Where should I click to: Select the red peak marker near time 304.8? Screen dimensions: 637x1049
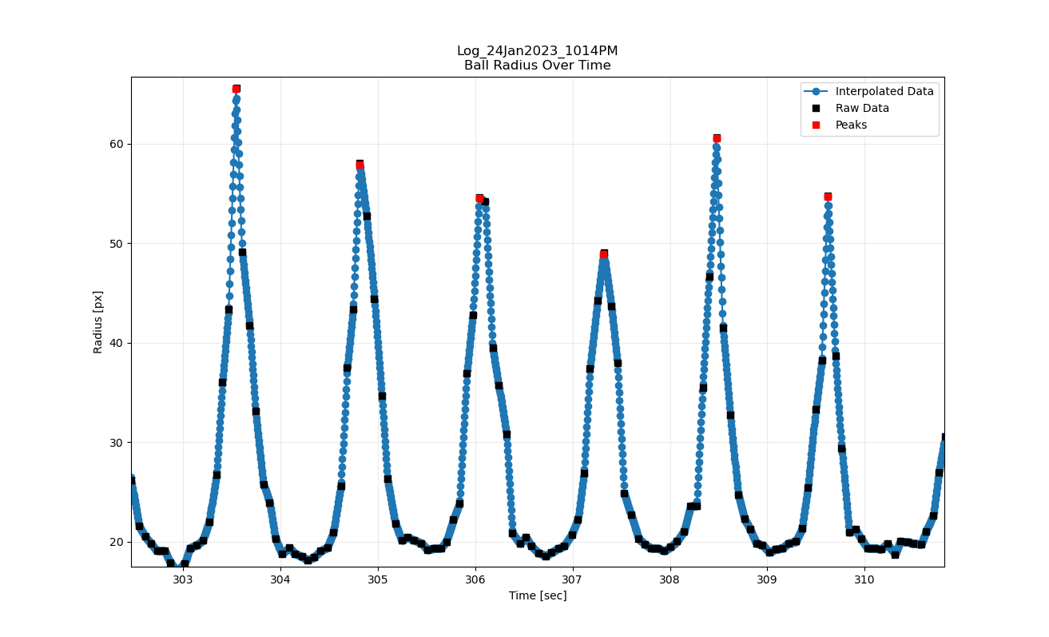click(360, 165)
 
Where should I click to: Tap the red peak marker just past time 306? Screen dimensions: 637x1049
click(479, 197)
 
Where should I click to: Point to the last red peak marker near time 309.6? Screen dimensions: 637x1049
click(828, 196)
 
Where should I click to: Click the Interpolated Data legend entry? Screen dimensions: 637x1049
click(884, 91)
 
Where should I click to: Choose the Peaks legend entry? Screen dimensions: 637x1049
click(851, 125)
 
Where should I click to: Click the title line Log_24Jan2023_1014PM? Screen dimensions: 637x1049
click(537, 51)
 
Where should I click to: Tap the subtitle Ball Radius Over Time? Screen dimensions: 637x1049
click(537, 66)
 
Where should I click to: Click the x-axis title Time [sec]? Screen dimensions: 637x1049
click(538, 595)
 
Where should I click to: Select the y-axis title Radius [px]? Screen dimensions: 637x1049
click(98, 322)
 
